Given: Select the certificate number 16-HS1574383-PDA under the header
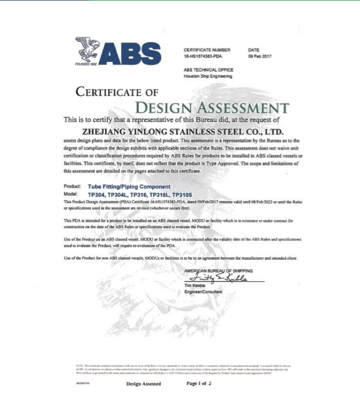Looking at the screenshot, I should click(x=203, y=56).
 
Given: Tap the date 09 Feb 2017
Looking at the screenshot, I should click(x=260, y=56).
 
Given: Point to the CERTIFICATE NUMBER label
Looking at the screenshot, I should click(x=207, y=50).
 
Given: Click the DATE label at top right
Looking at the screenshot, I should click(x=254, y=50).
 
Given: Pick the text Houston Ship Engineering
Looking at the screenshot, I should click(x=208, y=76).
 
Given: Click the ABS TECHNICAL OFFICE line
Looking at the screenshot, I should click(x=208, y=70).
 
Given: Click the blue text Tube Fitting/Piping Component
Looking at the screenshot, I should click(x=129, y=186).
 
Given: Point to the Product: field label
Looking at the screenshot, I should click(x=73, y=186).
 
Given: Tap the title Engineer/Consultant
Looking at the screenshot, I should click(x=203, y=292).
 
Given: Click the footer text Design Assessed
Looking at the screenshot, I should click(x=144, y=384).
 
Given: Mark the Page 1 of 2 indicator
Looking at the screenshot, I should click(x=199, y=383).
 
